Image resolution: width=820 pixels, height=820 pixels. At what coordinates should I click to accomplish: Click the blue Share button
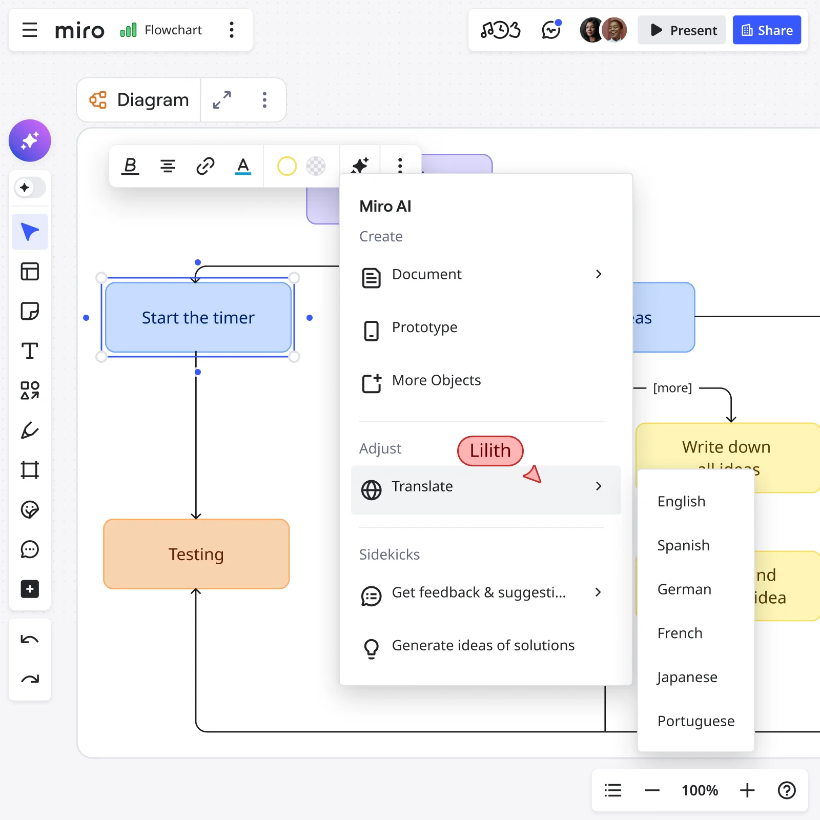click(x=766, y=30)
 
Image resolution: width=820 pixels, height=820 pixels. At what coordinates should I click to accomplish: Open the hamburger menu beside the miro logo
click(x=30, y=30)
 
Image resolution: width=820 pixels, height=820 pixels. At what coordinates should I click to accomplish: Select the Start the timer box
click(x=198, y=318)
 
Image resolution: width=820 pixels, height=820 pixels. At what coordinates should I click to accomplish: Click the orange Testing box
click(x=196, y=554)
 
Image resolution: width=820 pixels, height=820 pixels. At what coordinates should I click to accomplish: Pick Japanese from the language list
click(x=687, y=677)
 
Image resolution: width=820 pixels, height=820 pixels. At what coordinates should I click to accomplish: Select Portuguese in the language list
click(x=695, y=721)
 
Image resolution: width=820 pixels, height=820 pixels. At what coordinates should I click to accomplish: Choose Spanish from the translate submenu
click(x=683, y=545)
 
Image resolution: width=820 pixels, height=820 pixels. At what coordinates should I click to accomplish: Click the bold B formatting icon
click(x=130, y=166)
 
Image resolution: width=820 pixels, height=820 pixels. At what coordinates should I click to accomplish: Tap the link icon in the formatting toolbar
click(x=205, y=166)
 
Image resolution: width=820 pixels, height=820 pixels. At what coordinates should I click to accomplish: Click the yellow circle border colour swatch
click(x=287, y=166)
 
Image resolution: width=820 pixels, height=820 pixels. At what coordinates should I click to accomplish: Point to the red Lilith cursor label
click(x=490, y=450)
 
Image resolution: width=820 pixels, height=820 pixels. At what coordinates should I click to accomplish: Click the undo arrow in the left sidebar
click(x=30, y=640)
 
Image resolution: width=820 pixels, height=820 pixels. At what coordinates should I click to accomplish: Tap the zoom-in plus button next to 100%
click(x=747, y=790)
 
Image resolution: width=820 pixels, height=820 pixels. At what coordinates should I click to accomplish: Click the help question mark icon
click(x=786, y=790)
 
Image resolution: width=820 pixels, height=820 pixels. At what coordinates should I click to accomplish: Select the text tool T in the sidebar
click(x=30, y=351)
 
